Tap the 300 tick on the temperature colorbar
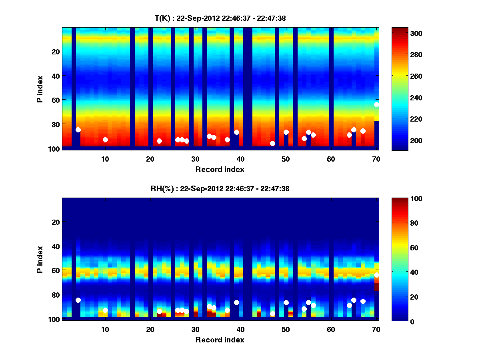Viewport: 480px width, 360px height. [403, 33]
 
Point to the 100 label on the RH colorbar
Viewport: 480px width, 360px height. [403, 199]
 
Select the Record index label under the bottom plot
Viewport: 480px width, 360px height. [220, 340]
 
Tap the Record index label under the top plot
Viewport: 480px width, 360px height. [220, 169]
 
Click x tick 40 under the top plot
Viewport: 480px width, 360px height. [240, 159]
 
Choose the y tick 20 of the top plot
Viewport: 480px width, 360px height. [55, 51]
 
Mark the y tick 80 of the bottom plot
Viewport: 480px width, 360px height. [55, 295]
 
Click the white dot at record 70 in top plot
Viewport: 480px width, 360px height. [376, 104]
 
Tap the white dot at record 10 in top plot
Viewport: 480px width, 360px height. [105, 140]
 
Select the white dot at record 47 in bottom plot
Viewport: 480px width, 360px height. [272, 314]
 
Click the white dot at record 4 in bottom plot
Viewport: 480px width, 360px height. [78, 300]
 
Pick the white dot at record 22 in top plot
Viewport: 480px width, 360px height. [159, 141]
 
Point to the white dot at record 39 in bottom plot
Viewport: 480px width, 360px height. [236, 302]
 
